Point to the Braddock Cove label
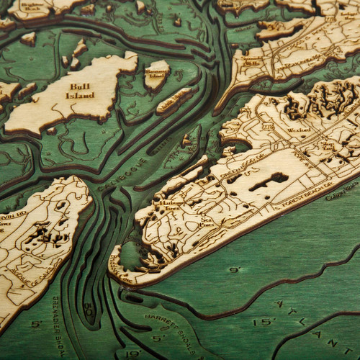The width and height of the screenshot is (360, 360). [x=118, y=259]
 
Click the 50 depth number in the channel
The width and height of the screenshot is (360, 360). [x=89, y=312]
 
